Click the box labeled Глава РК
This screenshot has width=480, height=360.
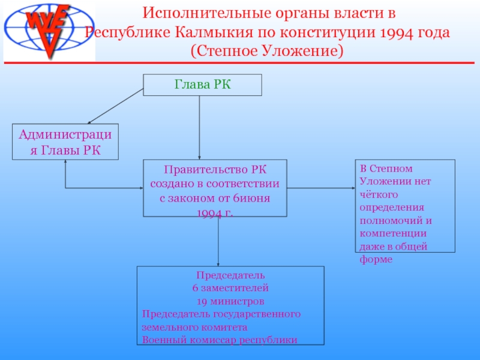coord(202,85)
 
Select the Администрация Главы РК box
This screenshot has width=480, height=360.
coord(65,142)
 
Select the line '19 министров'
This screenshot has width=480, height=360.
coord(231,301)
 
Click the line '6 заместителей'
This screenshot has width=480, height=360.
coord(231,288)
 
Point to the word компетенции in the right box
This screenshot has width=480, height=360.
coord(393,233)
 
